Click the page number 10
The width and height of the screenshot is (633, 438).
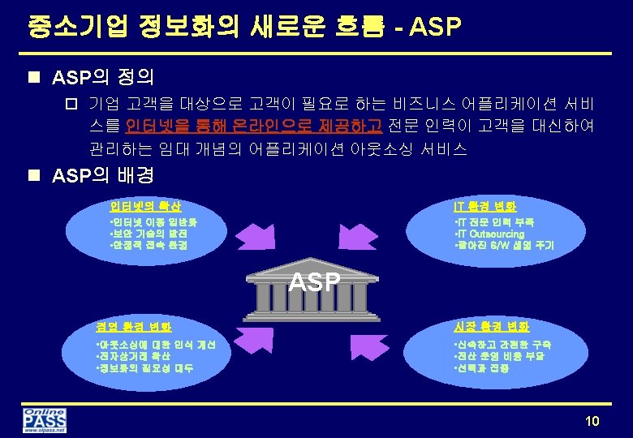[592, 420]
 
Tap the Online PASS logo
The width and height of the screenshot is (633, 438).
[45, 420]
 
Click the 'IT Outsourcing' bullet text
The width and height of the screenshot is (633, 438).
[490, 234]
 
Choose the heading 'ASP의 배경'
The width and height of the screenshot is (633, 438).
[102, 176]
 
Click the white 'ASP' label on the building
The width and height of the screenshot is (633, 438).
[315, 281]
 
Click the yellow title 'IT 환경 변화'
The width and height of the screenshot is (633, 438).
[484, 206]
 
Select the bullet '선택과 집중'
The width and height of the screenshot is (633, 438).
[482, 367]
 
